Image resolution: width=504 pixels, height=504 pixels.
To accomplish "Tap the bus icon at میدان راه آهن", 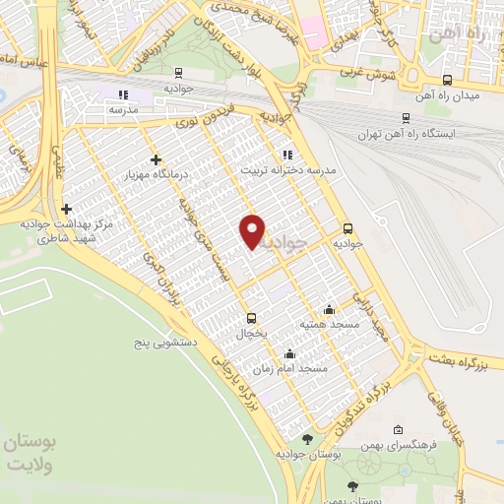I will (448, 81).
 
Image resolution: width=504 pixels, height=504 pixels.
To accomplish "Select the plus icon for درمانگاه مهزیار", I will (155, 159).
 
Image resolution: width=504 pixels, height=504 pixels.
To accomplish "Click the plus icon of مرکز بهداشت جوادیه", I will (66, 209).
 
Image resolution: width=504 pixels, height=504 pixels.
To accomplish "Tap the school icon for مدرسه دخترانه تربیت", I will (287, 155).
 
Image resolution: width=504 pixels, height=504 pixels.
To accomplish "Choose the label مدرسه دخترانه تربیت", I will (290, 169).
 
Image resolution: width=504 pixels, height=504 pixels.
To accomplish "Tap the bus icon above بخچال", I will (251, 318).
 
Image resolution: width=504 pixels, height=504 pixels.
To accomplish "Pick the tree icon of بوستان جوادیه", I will (308, 438).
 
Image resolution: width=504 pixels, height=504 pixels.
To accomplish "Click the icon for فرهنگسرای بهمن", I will (398, 429).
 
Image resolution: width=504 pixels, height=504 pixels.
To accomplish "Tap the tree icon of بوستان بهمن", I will (352, 484).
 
